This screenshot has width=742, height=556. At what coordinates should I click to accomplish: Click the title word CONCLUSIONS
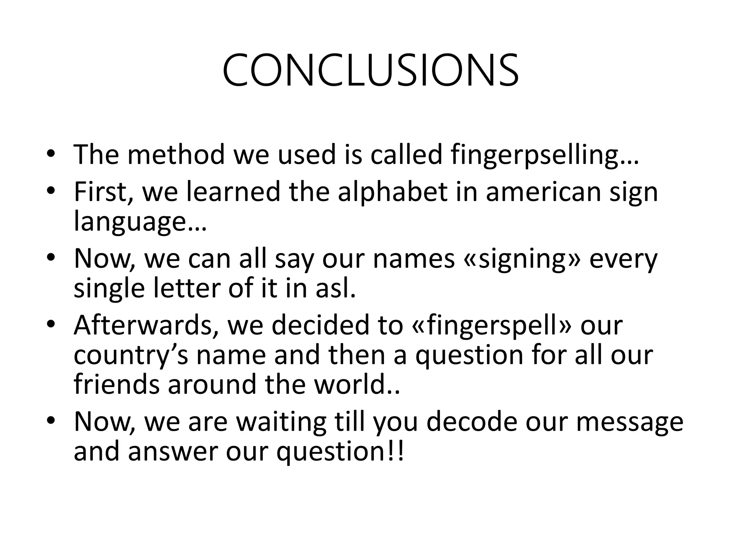(x=370, y=71)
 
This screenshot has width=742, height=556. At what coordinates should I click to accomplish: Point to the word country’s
(x=131, y=355)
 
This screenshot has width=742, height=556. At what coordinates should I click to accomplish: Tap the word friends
(x=116, y=384)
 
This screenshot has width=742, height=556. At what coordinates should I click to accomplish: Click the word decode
(x=471, y=422)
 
